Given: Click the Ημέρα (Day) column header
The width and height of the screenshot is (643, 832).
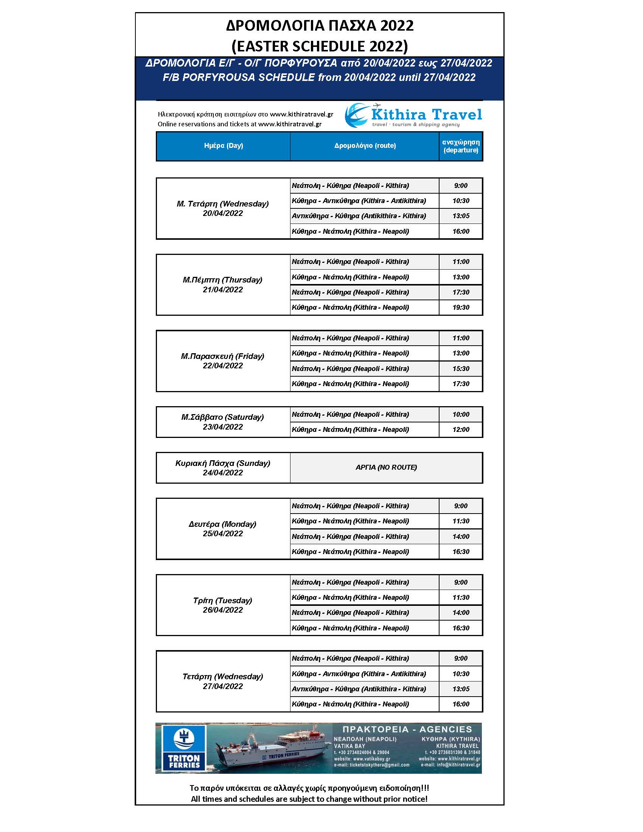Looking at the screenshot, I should pyautogui.click(x=223, y=146).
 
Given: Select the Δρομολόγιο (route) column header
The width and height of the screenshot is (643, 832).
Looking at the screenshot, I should pyautogui.click(x=365, y=146).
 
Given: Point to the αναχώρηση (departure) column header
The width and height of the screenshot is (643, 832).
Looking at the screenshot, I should pyautogui.click(x=461, y=146).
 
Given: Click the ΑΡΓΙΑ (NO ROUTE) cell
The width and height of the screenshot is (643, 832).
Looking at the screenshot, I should pyautogui.click(x=386, y=467).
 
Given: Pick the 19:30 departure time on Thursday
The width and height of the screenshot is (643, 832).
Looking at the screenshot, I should pyautogui.click(x=461, y=307).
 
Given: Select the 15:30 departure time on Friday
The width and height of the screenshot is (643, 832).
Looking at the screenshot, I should pyautogui.click(x=461, y=369).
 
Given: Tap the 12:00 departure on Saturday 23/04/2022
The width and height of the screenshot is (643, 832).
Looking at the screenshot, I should pyautogui.click(x=461, y=430).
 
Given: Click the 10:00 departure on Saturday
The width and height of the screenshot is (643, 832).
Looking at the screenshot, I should pyautogui.click(x=461, y=414).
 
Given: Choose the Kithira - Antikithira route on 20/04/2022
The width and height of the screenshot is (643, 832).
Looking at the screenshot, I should pyautogui.click(x=359, y=201).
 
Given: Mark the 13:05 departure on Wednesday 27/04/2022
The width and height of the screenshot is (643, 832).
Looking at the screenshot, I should pyautogui.click(x=461, y=689).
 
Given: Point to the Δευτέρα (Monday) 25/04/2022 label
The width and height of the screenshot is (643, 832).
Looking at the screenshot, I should pyautogui.click(x=223, y=529).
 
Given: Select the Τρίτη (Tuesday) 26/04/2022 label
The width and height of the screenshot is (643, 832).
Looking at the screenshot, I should pyautogui.click(x=223, y=605).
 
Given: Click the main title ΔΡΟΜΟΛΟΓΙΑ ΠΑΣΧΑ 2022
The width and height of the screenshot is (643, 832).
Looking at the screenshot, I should pyautogui.click(x=320, y=26).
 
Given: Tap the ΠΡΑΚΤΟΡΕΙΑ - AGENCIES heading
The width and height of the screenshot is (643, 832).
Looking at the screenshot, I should pyautogui.click(x=407, y=729).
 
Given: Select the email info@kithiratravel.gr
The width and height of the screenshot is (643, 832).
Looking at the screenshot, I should pyautogui.click(x=450, y=765).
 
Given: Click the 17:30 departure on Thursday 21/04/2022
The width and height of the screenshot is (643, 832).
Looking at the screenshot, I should pyautogui.click(x=461, y=292).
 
